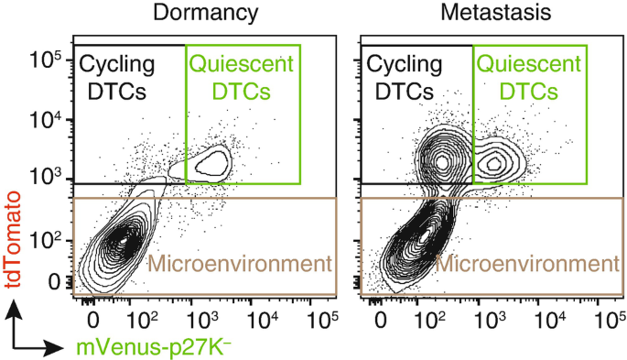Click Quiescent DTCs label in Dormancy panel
[x=242, y=78]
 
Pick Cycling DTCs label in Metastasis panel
[x=405, y=78]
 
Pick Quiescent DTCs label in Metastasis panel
[x=529, y=78]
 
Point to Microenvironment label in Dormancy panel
[x=238, y=265]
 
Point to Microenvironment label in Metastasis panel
[x=524, y=265]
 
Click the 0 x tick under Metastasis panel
[x=380, y=318]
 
